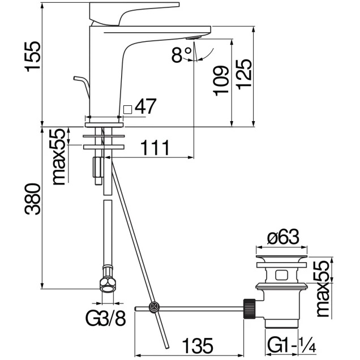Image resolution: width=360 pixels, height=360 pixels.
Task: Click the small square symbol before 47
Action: coord(127,109)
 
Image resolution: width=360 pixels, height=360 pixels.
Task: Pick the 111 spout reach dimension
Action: coord(154,148)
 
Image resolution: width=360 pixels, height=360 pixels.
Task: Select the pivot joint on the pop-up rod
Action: coord(153,307)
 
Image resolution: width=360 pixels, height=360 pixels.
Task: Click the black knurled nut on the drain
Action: coord(248,307)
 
